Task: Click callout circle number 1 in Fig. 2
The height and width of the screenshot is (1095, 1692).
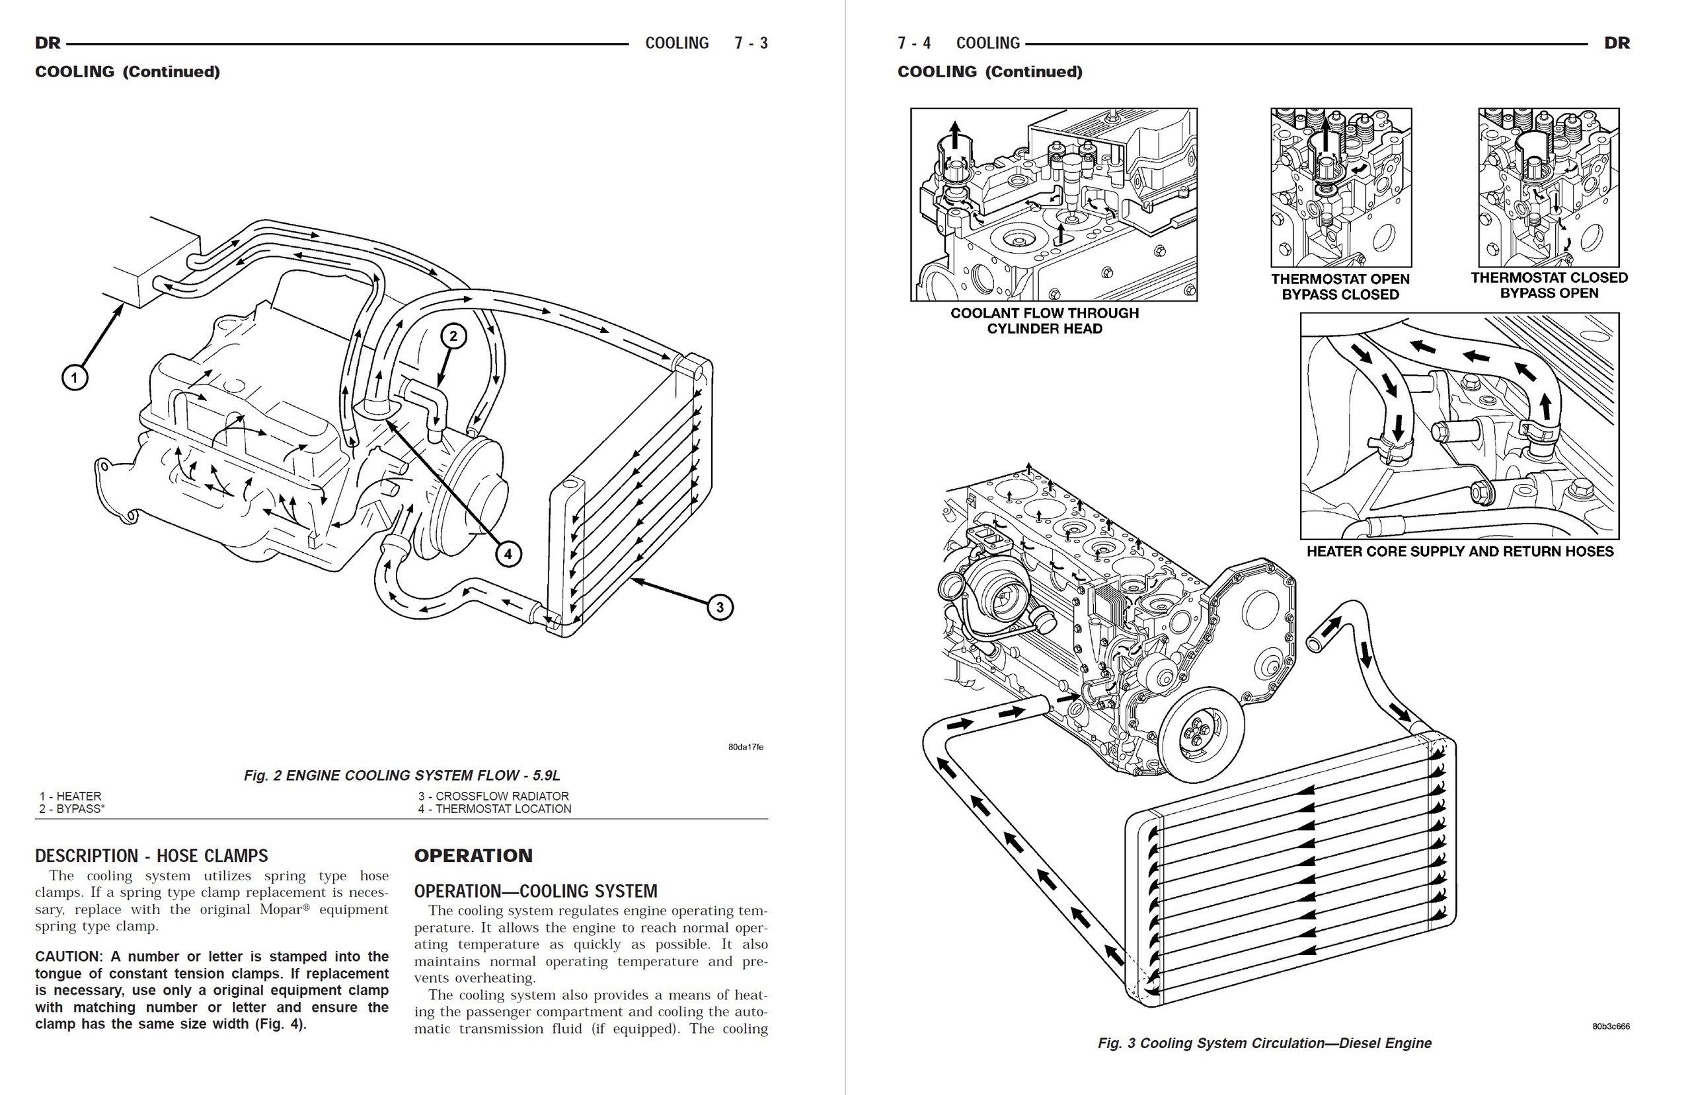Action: click(75, 376)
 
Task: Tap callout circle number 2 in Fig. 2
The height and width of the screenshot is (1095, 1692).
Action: click(453, 336)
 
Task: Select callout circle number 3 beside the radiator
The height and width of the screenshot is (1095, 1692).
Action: click(720, 607)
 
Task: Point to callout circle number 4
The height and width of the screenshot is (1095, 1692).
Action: click(508, 553)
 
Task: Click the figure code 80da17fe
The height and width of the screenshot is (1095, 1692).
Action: click(745, 747)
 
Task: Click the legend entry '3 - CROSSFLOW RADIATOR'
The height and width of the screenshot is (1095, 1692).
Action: click(493, 796)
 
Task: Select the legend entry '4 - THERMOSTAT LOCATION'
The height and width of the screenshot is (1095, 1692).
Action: click(494, 808)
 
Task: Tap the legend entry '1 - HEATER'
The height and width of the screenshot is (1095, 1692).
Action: click(70, 796)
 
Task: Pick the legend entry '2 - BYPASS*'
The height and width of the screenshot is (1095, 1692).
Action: click(72, 808)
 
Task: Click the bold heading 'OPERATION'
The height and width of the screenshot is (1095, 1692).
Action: click(473, 855)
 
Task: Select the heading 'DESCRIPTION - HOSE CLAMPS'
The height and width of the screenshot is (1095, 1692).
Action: click(151, 855)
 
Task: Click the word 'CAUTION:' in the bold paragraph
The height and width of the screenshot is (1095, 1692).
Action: click(68, 956)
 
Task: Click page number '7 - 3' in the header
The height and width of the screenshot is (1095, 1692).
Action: click(751, 44)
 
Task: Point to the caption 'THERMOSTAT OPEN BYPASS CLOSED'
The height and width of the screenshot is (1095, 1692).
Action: click(1340, 287)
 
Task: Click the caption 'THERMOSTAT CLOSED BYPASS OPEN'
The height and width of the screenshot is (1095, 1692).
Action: click(1549, 285)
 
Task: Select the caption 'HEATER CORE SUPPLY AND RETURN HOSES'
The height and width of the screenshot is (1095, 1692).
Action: click(1459, 551)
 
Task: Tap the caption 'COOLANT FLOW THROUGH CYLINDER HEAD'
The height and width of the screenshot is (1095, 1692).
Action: click(1044, 320)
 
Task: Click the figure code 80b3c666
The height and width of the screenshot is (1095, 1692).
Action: click(1611, 1026)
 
